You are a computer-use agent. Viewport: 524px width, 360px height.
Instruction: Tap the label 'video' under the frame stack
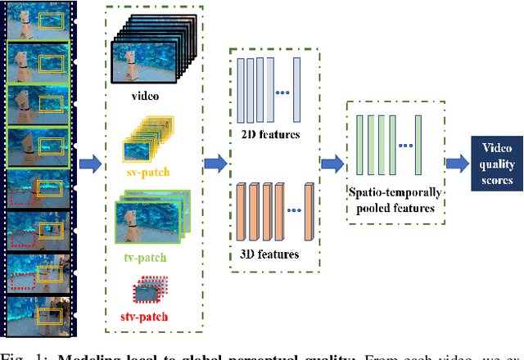point(144,96)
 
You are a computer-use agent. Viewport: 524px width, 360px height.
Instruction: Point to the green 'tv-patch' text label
point(146,258)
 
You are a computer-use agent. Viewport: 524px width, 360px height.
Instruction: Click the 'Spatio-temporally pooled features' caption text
point(396,201)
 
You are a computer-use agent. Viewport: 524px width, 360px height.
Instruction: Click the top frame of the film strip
point(39,20)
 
